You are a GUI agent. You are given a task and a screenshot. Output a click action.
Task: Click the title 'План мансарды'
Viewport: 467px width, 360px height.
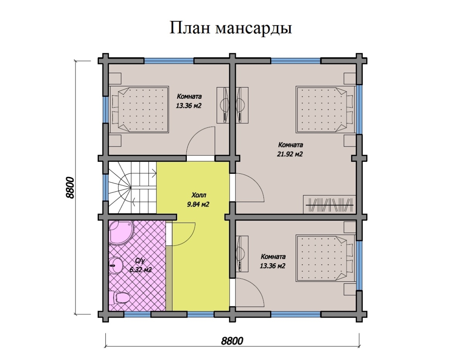click(231, 28)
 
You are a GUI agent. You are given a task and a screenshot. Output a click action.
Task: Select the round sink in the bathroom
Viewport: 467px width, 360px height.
click(116, 266)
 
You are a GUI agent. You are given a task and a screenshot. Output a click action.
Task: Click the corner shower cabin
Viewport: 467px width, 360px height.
click(121, 233)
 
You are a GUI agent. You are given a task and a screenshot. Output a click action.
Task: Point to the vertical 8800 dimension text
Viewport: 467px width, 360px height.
click(70, 188)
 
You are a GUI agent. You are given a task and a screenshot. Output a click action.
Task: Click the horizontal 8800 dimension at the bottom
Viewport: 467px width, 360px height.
click(232, 341)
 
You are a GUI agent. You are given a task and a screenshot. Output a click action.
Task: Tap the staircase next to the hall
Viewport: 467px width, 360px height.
click(132, 187)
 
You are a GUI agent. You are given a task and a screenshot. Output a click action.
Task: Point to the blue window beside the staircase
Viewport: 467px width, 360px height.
click(105, 187)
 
